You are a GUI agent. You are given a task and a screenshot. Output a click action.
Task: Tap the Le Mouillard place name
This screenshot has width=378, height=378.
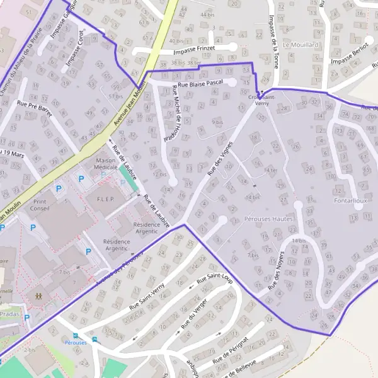tap(301, 45)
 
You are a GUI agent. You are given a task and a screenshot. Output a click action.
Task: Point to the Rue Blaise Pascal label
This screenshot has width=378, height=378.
tap(201, 83)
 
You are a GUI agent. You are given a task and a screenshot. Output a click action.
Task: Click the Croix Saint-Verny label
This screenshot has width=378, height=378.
tap(262, 100)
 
